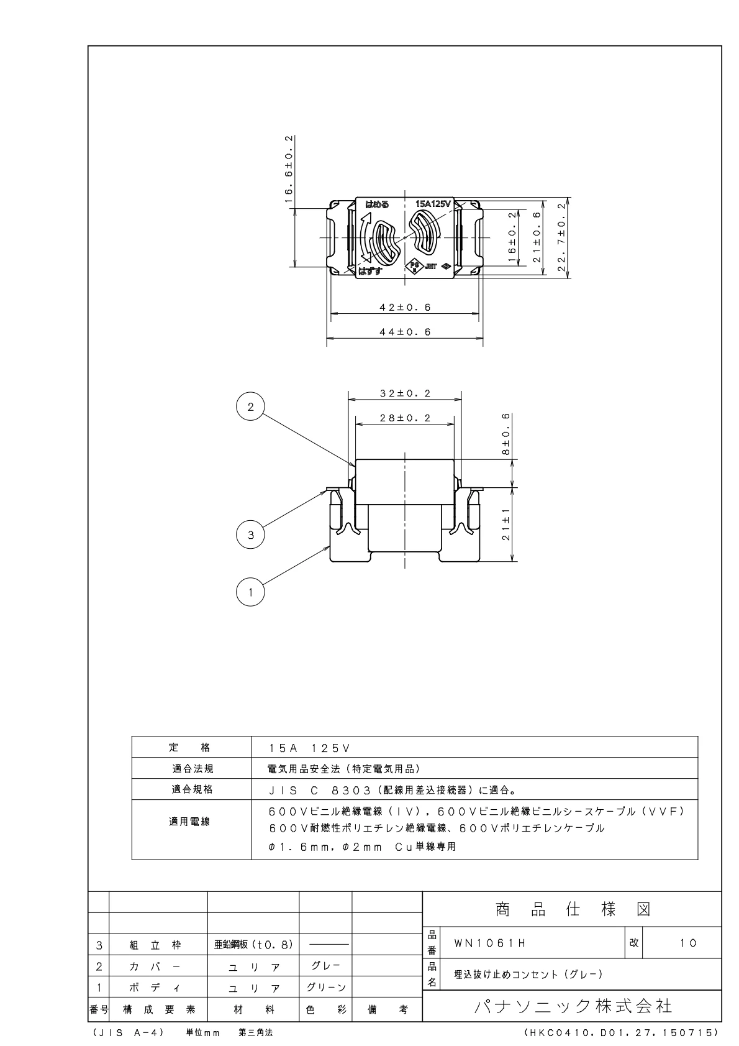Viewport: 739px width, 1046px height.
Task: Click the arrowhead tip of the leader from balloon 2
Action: point(355,466)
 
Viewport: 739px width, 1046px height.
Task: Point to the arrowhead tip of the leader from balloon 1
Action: point(330,547)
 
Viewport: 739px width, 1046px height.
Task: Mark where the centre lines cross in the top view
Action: point(404,237)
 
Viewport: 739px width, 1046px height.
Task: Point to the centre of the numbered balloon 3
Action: point(250,534)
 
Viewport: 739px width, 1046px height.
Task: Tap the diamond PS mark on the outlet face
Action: point(413,267)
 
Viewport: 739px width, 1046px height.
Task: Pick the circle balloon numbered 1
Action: point(250,592)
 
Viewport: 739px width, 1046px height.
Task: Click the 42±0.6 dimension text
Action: point(405,308)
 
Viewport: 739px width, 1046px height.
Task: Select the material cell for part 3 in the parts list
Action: point(253,945)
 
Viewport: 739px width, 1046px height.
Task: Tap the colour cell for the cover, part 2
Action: point(325,966)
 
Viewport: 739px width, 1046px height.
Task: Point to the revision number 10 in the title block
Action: point(688,943)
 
